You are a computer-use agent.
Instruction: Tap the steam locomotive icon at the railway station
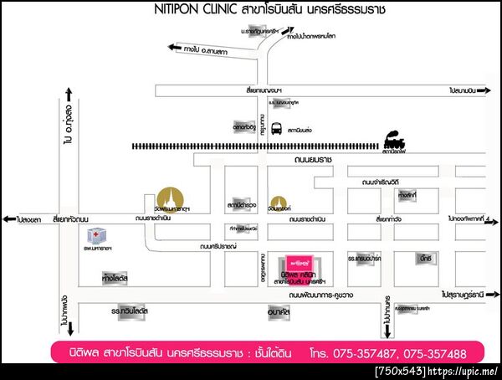click(392, 137)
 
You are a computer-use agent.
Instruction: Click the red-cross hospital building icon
click(97, 236)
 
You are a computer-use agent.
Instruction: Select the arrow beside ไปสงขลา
click(10, 219)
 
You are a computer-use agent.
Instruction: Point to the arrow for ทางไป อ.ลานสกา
click(174, 48)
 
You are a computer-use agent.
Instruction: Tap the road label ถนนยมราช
click(289, 158)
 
